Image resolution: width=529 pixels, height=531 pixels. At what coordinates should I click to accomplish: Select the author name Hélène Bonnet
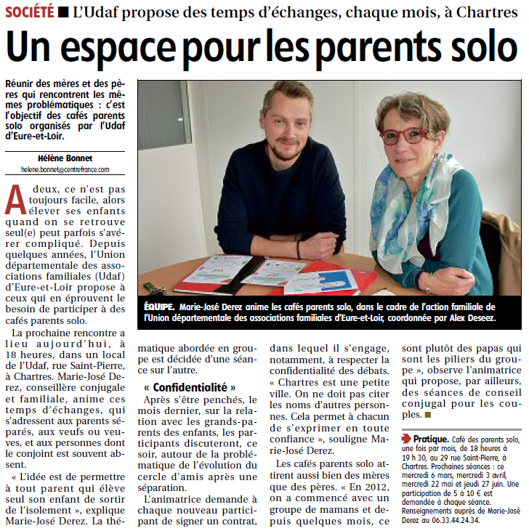(x=65, y=158)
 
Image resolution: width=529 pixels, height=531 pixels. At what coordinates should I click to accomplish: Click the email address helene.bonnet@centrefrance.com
(x=65, y=169)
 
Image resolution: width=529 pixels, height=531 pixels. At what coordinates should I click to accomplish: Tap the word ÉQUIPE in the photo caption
(x=159, y=306)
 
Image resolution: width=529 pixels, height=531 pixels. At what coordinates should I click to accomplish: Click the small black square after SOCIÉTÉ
(x=64, y=12)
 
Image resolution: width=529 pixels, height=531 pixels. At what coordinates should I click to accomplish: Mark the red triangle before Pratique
(x=407, y=439)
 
